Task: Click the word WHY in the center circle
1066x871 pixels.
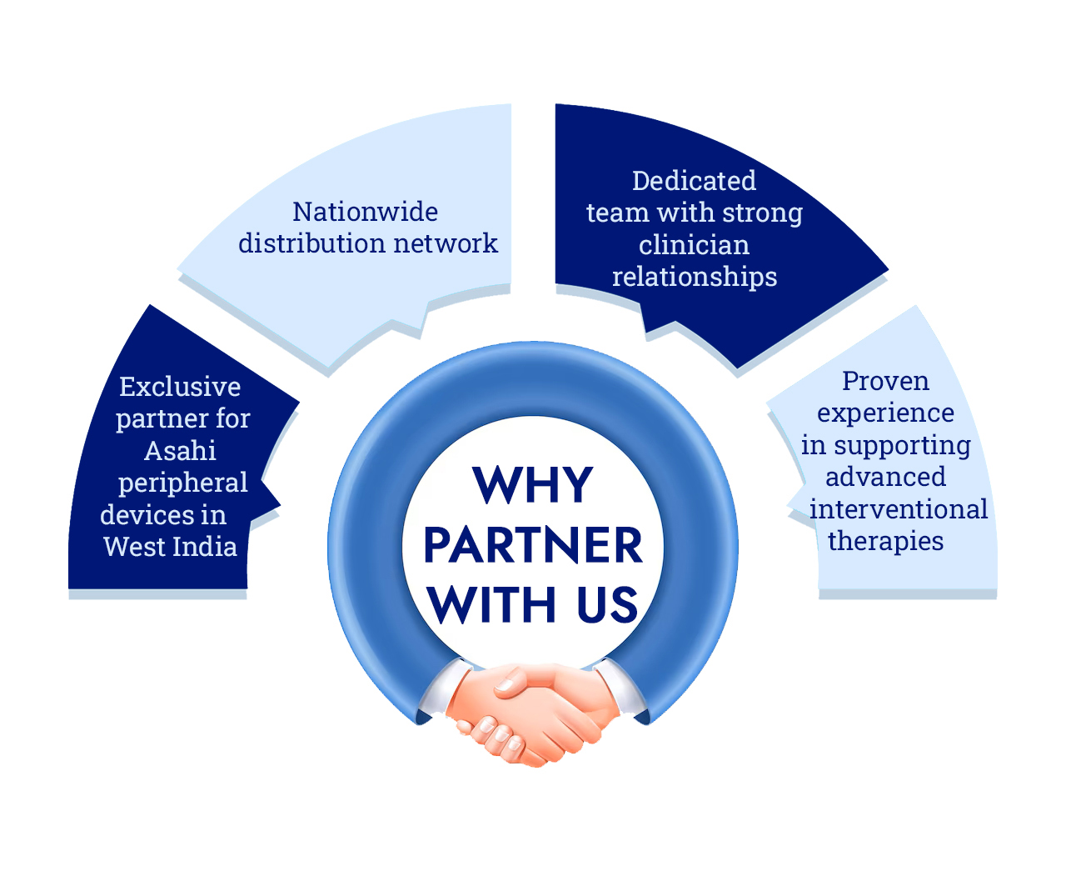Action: (532, 485)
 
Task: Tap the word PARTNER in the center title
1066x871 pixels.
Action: (532, 546)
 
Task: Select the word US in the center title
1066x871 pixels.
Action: (607, 605)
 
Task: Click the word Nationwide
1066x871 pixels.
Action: (365, 212)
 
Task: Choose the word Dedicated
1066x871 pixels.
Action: (694, 181)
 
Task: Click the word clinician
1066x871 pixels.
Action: (694, 245)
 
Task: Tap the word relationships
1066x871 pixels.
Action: (695, 277)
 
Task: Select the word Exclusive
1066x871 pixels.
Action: (180, 387)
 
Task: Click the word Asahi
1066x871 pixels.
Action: (180, 451)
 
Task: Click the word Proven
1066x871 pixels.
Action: (885, 381)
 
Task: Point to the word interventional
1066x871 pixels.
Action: (898, 509)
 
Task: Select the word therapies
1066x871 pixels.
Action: (885, 542)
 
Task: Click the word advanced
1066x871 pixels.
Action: (885, 477)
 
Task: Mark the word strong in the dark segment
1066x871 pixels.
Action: (762, 213)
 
